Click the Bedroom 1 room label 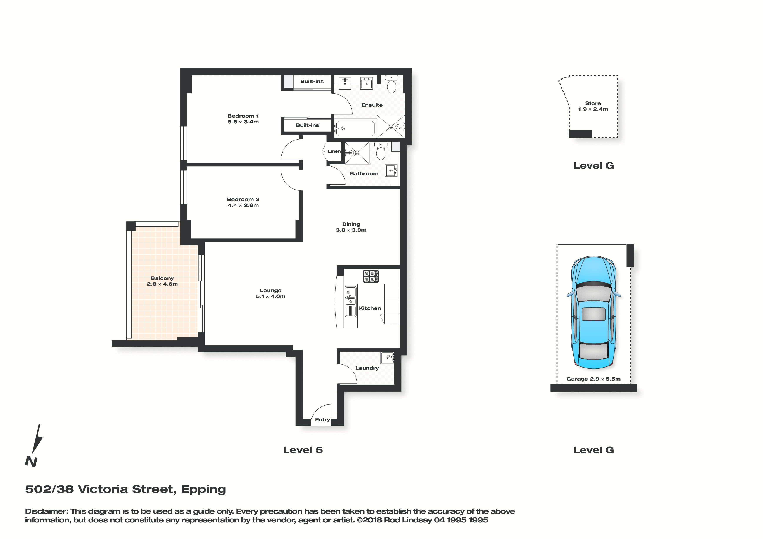(243, 116)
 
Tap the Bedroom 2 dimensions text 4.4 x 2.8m (243, 205)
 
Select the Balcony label (162, 278)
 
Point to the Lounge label (271, 291)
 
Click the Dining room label (351, 224)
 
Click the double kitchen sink (350, 301)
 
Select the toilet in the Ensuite (392, 84)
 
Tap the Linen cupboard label (334, 151)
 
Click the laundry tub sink (388, 358)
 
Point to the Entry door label (322, 419)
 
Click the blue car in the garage (594, 312)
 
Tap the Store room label (593, 103)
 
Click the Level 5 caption (303, 450)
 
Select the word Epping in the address (203, 489)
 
